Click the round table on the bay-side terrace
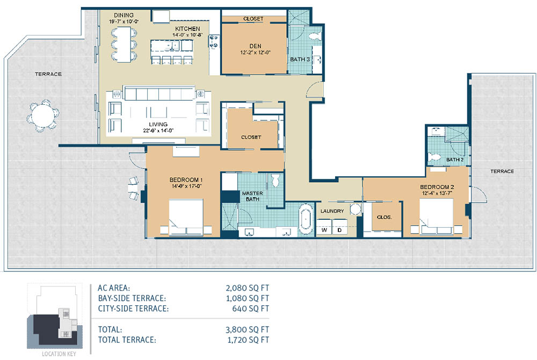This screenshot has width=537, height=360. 42,115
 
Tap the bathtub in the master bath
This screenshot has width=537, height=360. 306,220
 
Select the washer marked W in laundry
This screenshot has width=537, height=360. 324,230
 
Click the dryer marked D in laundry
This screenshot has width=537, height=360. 339,230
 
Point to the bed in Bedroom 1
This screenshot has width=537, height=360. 186,218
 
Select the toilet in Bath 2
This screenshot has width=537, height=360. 434,157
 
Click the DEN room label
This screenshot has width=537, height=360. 255,46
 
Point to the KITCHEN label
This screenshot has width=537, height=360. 187,29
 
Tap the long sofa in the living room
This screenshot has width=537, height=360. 159,93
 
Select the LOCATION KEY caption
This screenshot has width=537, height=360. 59,354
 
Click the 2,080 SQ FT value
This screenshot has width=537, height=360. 247,288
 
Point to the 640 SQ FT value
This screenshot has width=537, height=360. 251,308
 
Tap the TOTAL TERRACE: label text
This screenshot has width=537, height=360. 127,340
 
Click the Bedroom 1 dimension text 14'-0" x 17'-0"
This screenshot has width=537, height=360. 186,186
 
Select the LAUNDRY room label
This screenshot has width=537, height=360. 332,211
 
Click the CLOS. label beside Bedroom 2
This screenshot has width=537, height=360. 384,217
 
